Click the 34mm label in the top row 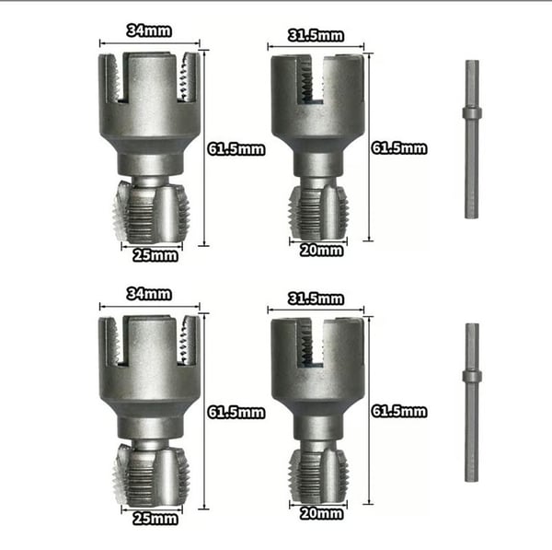[x=149, y=30]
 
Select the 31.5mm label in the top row [x=316, y=36]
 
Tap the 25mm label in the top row [x=155, y=255]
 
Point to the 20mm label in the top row [x=321, y=251]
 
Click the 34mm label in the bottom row [x=149, y=294]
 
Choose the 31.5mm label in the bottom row [x=316, y=299]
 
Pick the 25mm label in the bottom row [x=155, y=519]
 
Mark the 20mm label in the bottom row [x=321, y=514]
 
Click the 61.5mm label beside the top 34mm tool [x=236, y=149]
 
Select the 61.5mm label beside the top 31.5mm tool [x=399, y=148]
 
